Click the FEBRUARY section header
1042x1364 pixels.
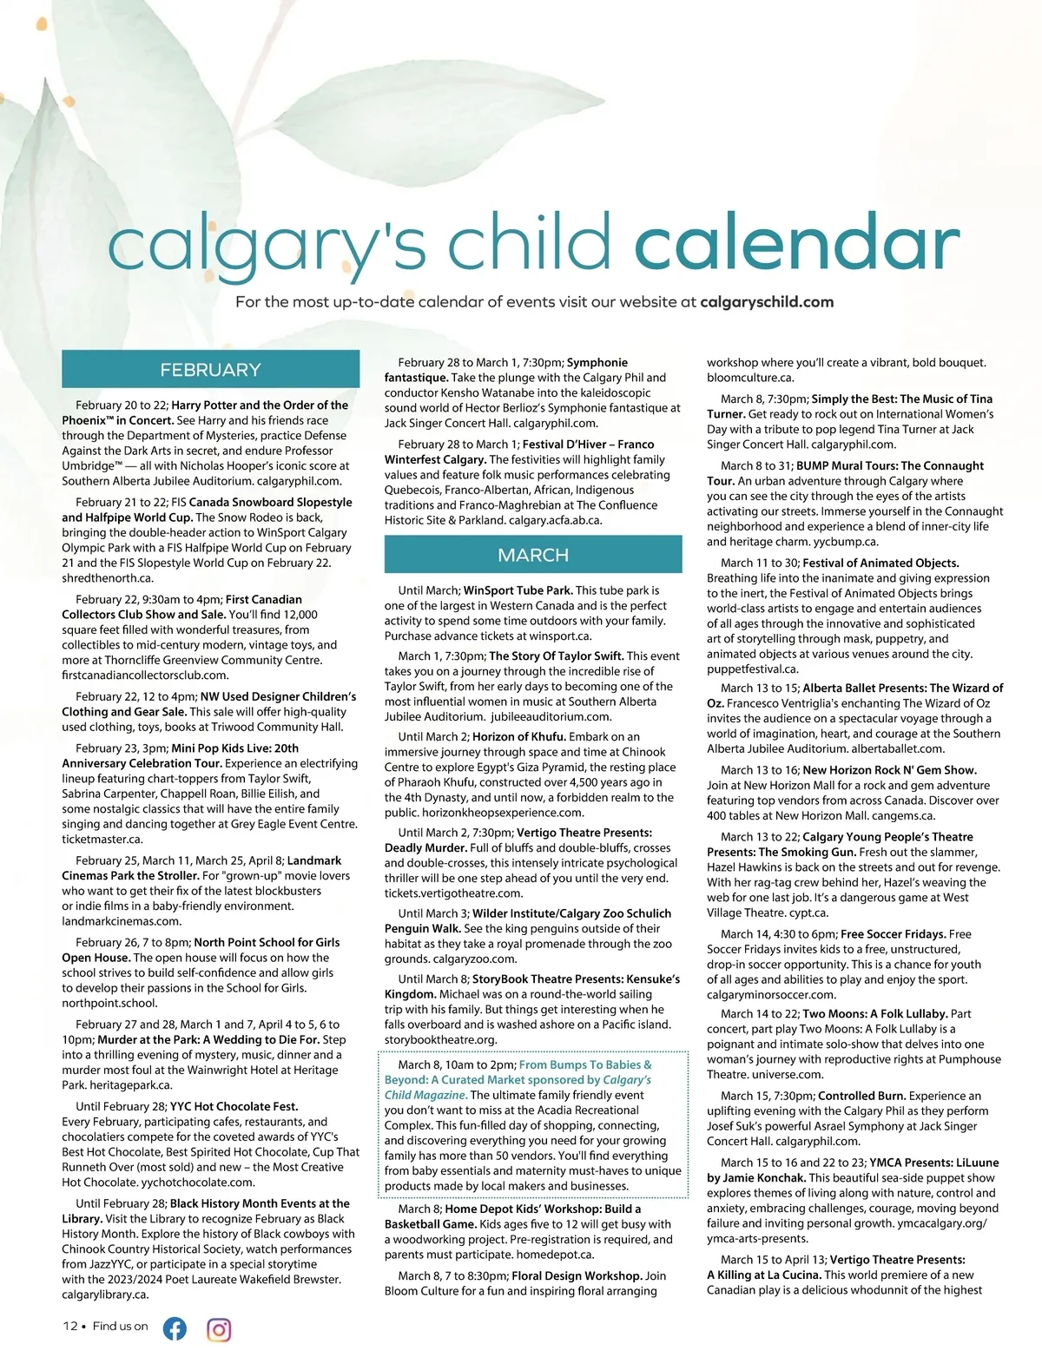pos(210,369)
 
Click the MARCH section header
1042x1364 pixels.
pos(533,555)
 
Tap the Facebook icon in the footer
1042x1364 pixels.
pos(175,1328)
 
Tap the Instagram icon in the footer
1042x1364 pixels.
pos(219,1328)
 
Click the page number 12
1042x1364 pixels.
pos(69,1326)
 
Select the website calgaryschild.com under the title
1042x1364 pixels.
pos(766,302)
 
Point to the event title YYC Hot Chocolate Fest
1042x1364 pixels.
pos(234,1106)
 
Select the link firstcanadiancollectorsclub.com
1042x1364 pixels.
pos(145,675)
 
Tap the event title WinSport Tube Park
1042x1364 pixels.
pos(518,590)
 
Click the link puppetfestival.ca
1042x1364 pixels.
pos(752,669)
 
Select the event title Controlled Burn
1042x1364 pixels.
pos(861,1096)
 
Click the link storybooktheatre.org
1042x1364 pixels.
pos(441,1039)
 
